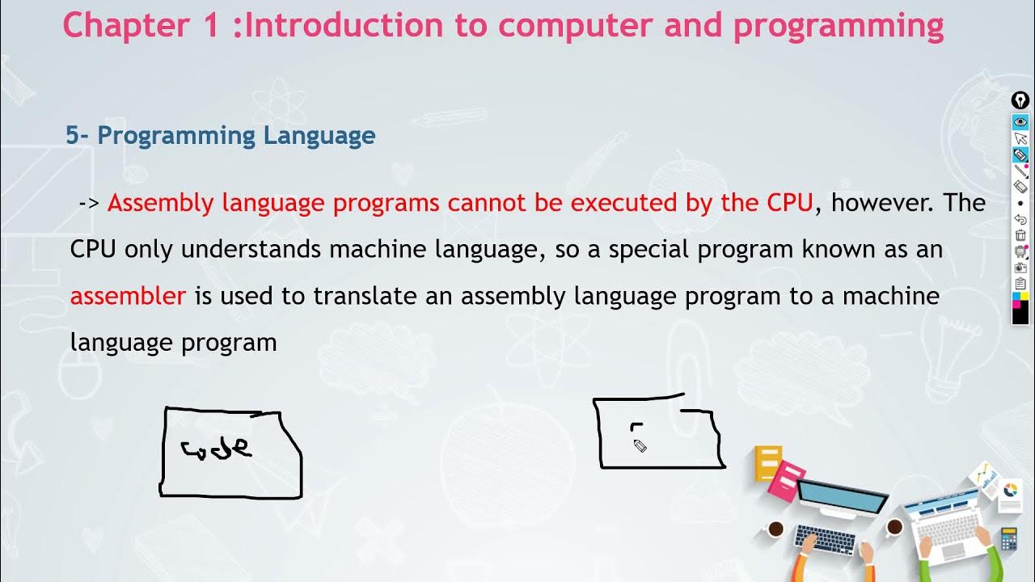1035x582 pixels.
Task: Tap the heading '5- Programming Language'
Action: click(220, 135)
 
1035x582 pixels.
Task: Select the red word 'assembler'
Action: click(128, 296)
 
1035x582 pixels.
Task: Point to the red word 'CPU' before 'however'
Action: click(789, 203)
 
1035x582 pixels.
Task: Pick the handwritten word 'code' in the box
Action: click(217, 447)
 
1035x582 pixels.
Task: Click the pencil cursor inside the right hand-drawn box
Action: click(640, 445)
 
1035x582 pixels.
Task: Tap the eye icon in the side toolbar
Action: click(1020, 122)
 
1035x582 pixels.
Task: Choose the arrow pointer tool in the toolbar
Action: click(1020, 138)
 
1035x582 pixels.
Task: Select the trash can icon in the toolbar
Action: click(1020, 235)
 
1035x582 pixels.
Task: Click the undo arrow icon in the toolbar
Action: click(1020, 219)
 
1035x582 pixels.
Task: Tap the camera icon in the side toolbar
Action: click(1020, 268)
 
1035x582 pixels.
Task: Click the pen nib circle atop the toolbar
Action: click(1020, 101)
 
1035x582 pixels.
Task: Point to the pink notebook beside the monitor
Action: click(785, 483)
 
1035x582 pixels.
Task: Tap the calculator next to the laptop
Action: click(1008, 538)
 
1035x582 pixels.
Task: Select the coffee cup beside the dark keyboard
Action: click(775, 529)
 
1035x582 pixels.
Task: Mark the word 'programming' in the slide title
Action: click(838, 26)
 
